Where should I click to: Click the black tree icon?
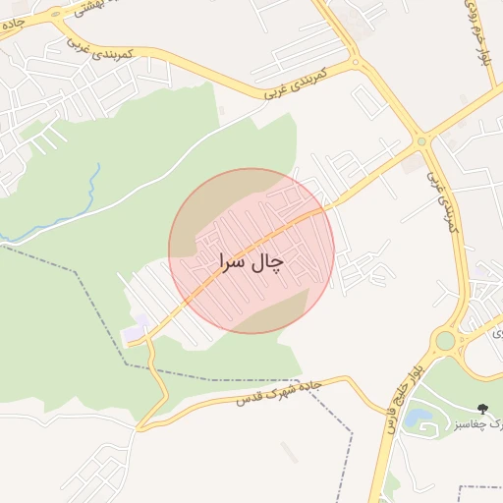point(481,408)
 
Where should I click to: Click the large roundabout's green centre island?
point(446,341)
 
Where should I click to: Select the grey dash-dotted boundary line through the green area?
point(88,295)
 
